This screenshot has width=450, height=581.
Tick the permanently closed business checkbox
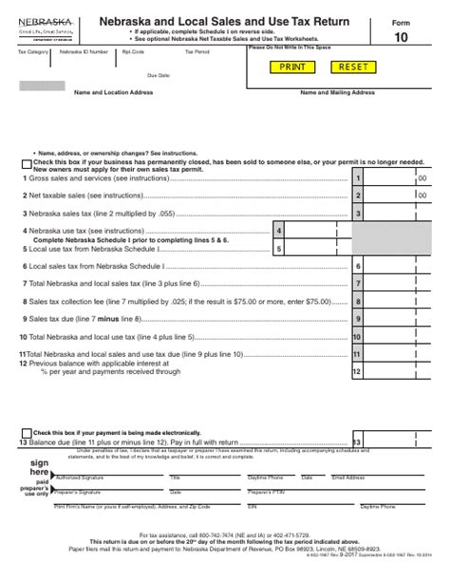click(x=24, y=163)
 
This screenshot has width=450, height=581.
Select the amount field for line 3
click(x=394, y=214)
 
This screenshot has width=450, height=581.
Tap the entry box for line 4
click(x=316, y=231)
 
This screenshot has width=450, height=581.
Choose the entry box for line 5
click(x=316, y=249)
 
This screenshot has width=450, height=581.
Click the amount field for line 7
click(x=394, y=283)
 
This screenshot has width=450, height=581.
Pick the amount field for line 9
click(x=394, y=318)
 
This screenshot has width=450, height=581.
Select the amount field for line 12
click(x=394, y=372)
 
